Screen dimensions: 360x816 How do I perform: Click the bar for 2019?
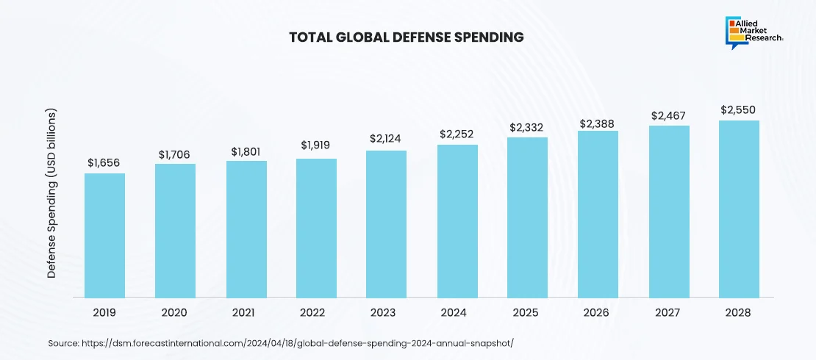tap(104, 235)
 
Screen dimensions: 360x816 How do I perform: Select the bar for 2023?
tap(386, 224)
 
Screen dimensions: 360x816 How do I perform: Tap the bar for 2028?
tap(739, 209)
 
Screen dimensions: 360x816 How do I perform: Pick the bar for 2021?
tap(246, 229)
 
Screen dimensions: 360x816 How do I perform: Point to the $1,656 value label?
tap(104, 162)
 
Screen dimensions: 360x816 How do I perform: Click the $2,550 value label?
tap(739, 110)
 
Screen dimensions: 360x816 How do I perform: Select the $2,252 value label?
tap(457, 134)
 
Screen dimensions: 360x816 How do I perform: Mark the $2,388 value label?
tap(598, 123)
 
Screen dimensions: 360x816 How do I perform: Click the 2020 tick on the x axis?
tap(175, 312)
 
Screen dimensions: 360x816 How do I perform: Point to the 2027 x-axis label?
tap(668, 312)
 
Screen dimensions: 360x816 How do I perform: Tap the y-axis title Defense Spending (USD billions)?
tap(52, 194)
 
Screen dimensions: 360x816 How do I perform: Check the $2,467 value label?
tap(668, 116)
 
